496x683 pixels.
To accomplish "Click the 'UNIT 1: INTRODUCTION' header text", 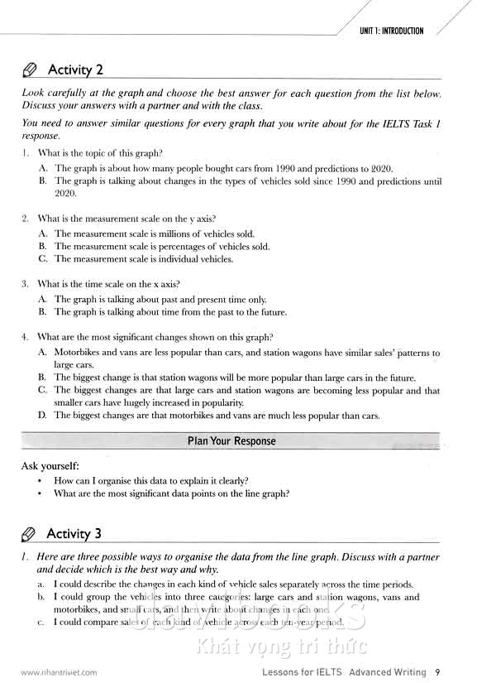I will coord(391,31).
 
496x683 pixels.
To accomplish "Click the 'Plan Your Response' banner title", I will coord(231,441).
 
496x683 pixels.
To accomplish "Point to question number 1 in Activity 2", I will coord(25,153).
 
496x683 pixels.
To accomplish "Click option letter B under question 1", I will coord(41,180).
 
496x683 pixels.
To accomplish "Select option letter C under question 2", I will coord(41,259).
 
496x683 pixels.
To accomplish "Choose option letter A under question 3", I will coord(41,299).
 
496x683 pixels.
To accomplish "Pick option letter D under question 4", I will coord(41,416).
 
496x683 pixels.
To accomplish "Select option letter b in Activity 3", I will coord(41,597).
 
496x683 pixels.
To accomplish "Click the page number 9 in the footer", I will coord(437,672).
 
